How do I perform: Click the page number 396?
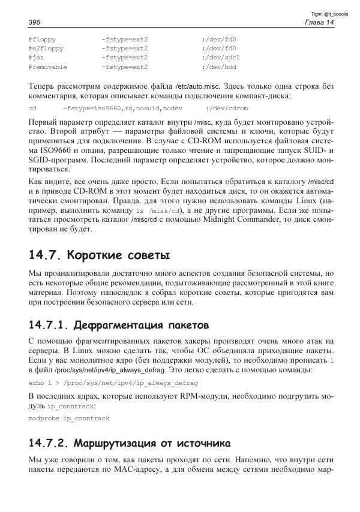point(34,22)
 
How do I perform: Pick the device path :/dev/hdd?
point(219,67)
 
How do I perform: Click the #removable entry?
point(47,67)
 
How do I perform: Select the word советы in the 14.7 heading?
point(144,254)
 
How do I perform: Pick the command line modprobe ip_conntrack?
point(69,418)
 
